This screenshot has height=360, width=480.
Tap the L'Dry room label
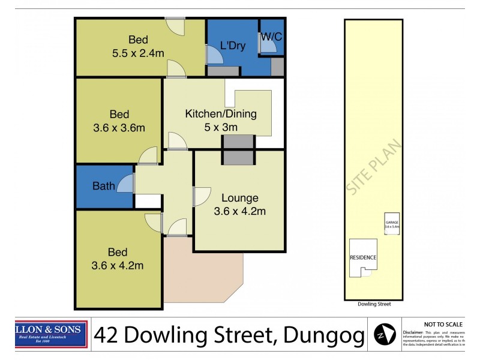coord(233,46)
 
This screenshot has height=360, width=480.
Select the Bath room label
coord(103,186)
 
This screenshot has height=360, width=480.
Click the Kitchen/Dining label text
coord(220,114)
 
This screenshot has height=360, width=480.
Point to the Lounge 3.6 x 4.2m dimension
coord(239,211)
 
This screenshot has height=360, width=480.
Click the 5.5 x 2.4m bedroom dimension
coord(138,53)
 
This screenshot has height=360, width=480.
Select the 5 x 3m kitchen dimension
coord(220,127)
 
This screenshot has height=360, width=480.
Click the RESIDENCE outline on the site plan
coord(364,258)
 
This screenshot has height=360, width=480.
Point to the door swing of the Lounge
coord(201,197)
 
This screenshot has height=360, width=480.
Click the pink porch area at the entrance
coord(201,270)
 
